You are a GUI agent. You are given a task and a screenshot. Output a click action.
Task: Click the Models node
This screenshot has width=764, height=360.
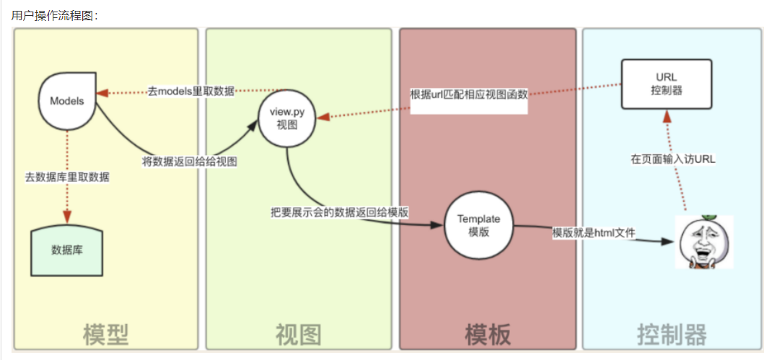click(x=67, y=100)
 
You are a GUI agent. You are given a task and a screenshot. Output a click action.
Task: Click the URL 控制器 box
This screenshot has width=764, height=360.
click(x=667, y=84)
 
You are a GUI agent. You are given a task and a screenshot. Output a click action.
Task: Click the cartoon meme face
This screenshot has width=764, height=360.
click(x=703, y=242)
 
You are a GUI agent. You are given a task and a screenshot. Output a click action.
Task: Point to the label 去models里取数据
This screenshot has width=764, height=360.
click(x=191, y=92)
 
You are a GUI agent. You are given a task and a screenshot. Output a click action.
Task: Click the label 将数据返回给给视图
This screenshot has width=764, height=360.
click(x=190, y=162)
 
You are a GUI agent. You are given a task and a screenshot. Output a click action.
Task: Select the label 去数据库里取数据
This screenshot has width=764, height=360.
click(x=67, y=176)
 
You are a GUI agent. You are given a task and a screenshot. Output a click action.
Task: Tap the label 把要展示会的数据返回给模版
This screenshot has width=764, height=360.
click(x=340, y=212)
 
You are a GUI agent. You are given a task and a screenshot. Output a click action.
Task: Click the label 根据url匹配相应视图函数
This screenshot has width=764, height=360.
click(x=469, y=95)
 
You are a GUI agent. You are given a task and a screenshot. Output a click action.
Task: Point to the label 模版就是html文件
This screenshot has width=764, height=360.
click(x=593, y=233)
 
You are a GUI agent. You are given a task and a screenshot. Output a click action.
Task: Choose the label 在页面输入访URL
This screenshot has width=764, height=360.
click(x=673, y=159)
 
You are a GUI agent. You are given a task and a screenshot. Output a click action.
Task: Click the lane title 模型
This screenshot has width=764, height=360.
click(x=105, y=334)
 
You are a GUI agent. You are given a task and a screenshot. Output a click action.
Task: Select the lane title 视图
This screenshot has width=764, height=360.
click(x=298, y=334)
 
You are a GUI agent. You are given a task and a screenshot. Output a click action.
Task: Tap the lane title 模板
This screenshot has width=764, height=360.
click(x=488, y=334)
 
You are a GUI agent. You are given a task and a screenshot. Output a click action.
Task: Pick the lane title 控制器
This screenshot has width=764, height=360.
click(x=672, y=334)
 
